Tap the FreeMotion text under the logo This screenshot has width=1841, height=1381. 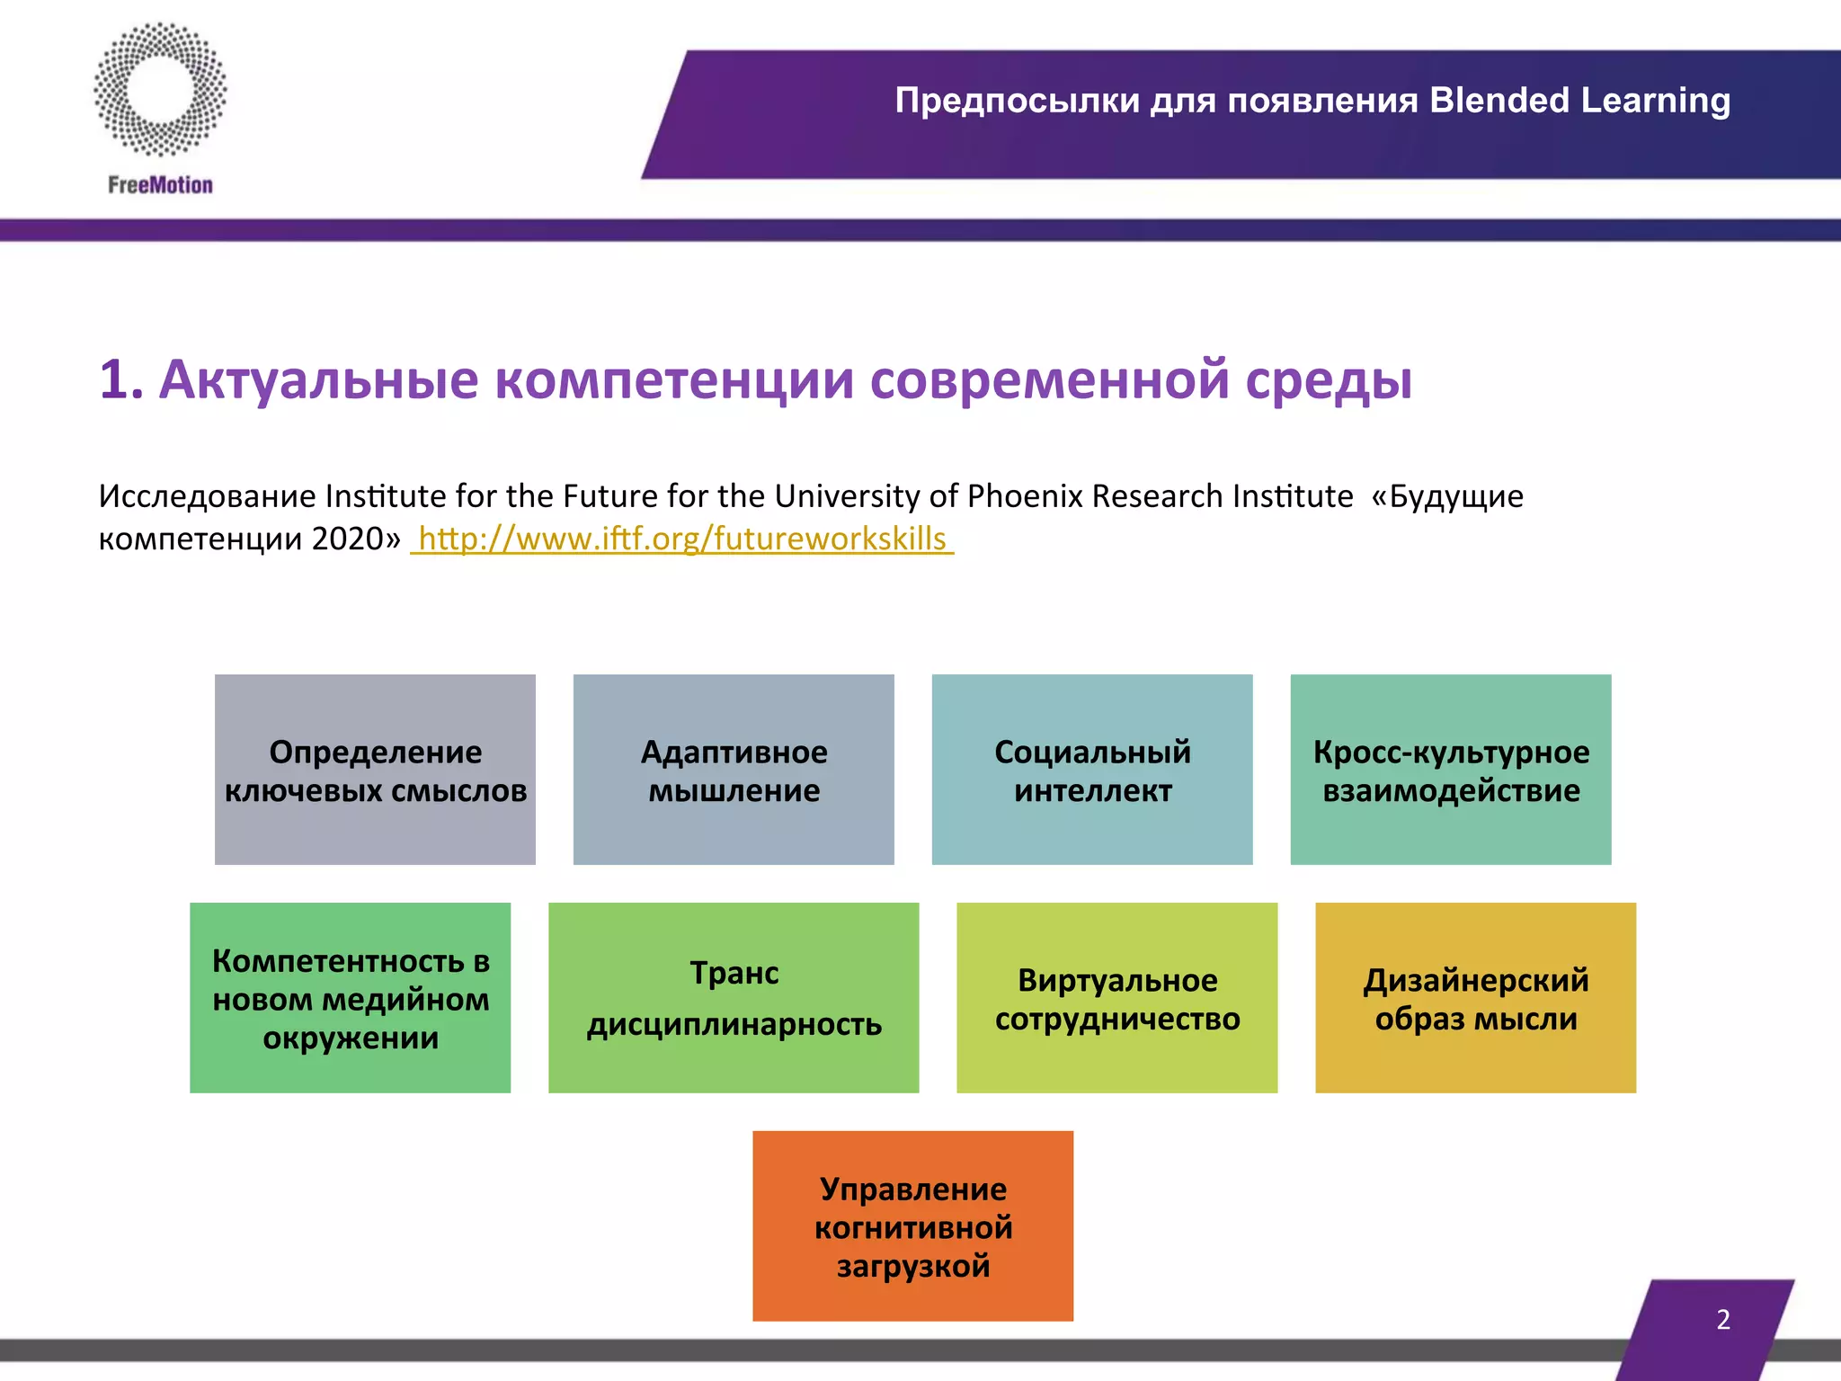tap(160, 185)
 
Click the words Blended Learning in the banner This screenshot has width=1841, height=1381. tap(1579, 101)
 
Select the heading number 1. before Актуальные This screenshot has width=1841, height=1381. tap(121, 379)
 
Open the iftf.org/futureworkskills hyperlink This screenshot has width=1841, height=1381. tap(682, 539)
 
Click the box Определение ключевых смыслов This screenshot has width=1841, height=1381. tap(375, 770)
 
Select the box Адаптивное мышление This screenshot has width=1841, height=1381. tap(734, 770)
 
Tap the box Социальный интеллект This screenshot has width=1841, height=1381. tap(1092, 770)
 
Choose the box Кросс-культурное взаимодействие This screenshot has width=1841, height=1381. tap(1451, 770)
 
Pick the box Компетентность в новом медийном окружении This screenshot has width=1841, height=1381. tap(351, 998)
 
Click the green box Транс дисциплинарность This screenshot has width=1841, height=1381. tap(734, 998)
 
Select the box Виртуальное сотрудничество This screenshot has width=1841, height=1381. tap(1117, 998)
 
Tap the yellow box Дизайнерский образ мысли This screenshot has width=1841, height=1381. tap(1476, 998)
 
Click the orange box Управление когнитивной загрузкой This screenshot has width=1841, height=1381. tap(913, 1226)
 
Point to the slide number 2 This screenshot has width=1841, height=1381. tap(1722, 1320)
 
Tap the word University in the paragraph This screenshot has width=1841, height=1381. tap(847, 496)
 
